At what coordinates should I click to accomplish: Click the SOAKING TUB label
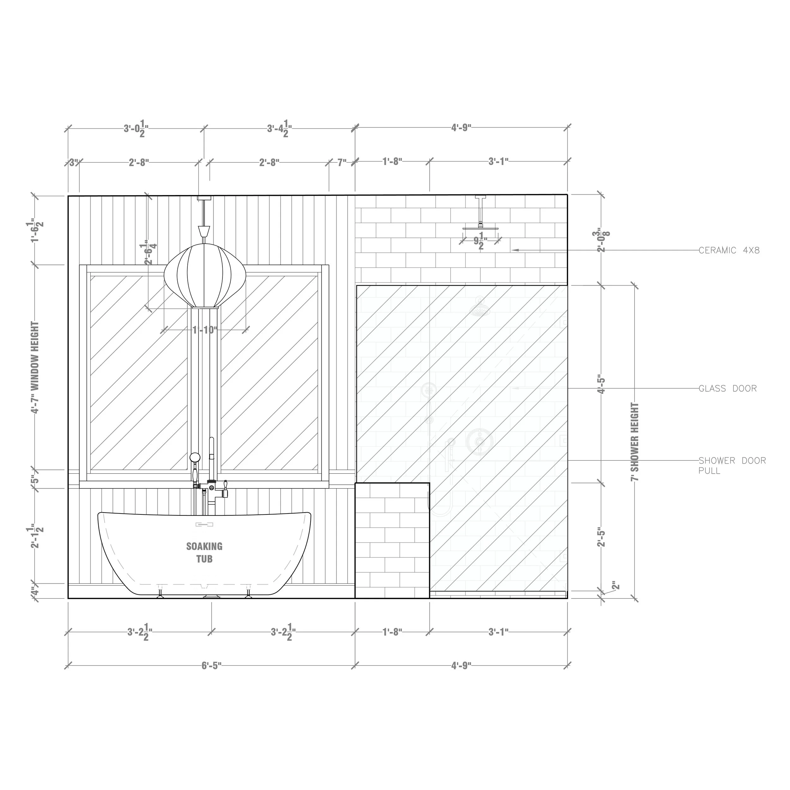[204, 552]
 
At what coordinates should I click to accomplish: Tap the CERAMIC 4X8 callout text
[729, 250]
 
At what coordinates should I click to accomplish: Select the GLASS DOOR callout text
[727, 388]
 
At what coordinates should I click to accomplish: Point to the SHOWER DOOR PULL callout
[732, 465]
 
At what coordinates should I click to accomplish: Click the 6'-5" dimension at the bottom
[211, 666]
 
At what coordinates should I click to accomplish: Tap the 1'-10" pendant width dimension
[204, 330]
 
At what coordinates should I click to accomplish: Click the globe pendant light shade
[204, 275]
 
